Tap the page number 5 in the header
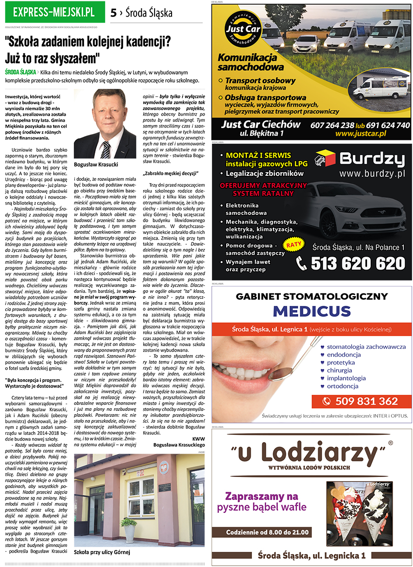click(113, 13)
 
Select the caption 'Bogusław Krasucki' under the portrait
click(96, 164)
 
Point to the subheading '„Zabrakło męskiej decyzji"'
click(170, 173)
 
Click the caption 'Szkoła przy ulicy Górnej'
click(102, 552)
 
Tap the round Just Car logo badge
click(243, 30)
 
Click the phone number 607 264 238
click(332, 125)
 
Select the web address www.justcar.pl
click(360, 134)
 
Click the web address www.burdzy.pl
click(373, 174)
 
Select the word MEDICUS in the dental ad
click(312, 311)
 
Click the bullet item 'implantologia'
click(346, 378)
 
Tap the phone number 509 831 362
click(366, 401)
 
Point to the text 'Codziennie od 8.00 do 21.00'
click(268, 532)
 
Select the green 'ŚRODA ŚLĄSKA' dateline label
click(21, 72)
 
